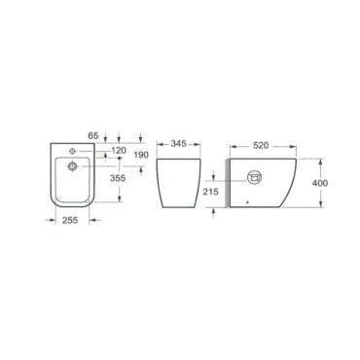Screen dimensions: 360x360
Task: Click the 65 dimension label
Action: click(92, 135)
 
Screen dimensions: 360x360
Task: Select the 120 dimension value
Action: click(119, 150)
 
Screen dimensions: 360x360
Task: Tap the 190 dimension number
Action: click(141, 155)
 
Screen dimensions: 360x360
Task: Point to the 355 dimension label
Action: click(118, 178)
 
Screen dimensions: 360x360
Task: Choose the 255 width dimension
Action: click(70, 220)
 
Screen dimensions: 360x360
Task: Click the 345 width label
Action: click(178, 144)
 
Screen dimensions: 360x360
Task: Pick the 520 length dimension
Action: click(261, 146)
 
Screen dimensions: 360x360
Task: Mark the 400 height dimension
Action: click(320, 183)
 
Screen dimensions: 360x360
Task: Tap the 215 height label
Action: click(211, 192)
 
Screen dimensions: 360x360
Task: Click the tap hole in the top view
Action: click(72, 151)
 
